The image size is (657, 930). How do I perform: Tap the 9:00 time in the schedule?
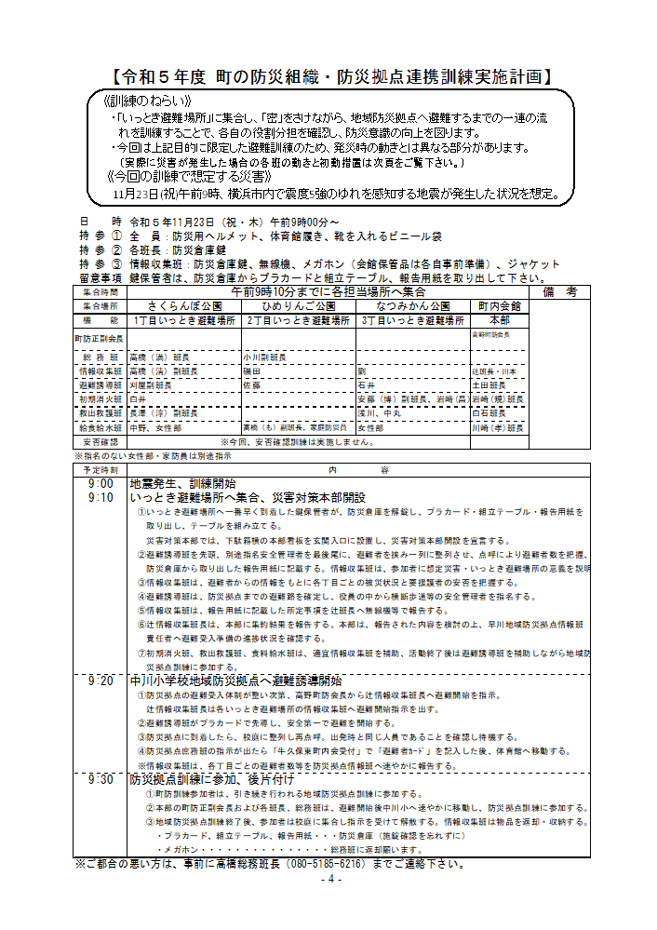101,484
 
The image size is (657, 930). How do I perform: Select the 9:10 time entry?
101,498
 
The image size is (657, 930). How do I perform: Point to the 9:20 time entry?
101,681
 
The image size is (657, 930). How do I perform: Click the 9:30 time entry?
101,778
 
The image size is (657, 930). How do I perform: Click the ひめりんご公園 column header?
298,305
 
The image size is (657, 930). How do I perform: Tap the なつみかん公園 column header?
412,305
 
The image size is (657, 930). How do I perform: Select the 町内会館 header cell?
499,305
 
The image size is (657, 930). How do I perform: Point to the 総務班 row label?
101,357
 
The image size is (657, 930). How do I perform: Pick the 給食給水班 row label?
101,428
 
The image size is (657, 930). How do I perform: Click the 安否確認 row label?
101,441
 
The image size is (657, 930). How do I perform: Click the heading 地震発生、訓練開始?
182,484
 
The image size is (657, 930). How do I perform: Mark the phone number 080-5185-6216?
340,864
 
